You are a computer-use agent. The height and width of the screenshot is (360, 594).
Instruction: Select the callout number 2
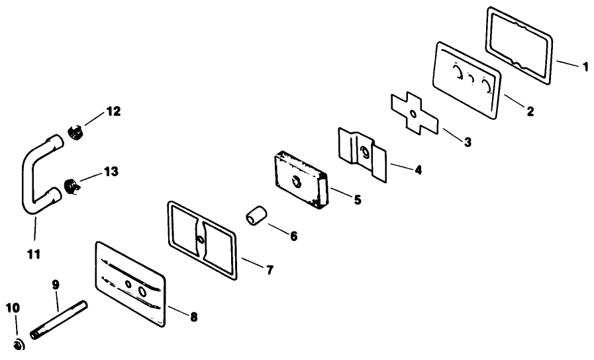coord(530,111)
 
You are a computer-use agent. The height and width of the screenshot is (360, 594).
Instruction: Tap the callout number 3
coord(468,142)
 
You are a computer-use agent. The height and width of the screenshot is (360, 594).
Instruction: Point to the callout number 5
coord(357,199)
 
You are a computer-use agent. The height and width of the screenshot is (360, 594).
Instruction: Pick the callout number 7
coord(270,270)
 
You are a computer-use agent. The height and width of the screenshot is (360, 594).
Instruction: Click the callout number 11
coord(34,253)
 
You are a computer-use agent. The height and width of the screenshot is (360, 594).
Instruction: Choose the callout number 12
coord(113,111)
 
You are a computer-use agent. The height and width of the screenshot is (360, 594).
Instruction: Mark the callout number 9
coord(56,285)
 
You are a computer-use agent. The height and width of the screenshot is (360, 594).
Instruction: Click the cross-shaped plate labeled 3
coord(413,114)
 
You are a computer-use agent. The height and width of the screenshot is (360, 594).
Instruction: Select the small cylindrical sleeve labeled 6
coord(256,218)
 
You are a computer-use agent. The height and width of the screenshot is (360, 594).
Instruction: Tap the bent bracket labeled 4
coord(361,153)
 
